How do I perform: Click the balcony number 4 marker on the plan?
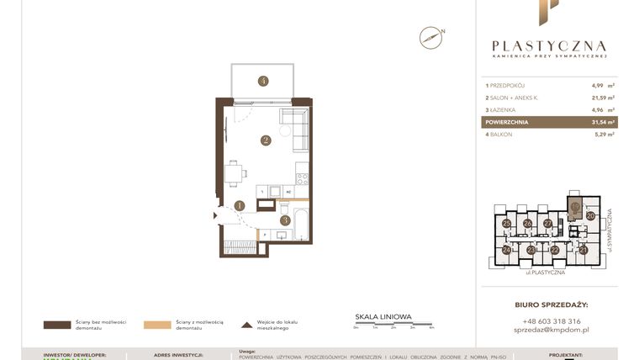(x=263, y=81)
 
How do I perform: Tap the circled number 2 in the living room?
(x=265, y=140)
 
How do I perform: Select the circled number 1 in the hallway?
(x=240, y=204)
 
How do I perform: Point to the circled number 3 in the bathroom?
(x=285, y=220)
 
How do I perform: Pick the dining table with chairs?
(x=234, y=173)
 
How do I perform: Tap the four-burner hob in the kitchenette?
(x=302, y=177)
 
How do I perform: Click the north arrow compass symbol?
(x=431, y=37)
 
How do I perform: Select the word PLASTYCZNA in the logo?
(x=549, y=46)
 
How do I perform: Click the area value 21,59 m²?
(x=603, y=98)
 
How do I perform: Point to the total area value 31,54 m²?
(x=603, y=122)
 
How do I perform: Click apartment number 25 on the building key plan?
(x=506, y=224)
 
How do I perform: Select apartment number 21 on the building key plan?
(x=583, y=250)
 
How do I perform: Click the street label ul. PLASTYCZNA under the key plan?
(x=545, y=273)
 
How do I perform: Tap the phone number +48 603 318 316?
(x=551, y=321)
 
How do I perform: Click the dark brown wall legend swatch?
(x=56, y=325)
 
